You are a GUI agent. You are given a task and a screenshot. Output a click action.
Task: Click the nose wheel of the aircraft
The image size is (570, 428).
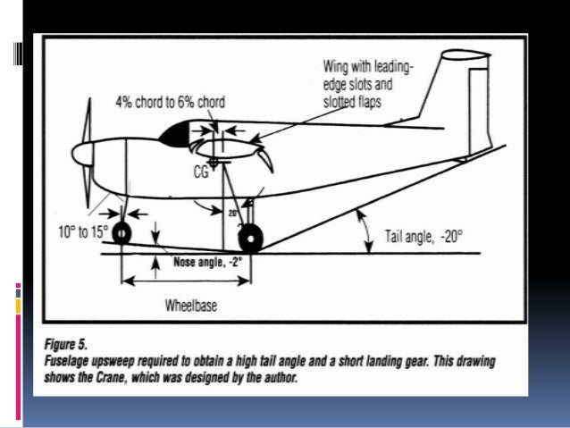120,233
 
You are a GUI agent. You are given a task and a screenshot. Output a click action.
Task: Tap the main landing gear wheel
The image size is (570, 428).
250,239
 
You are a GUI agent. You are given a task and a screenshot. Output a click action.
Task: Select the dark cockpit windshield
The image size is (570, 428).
176,135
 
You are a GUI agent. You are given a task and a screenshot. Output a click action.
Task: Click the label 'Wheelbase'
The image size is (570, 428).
190,305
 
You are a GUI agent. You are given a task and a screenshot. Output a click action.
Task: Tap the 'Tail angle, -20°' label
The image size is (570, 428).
425,236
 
